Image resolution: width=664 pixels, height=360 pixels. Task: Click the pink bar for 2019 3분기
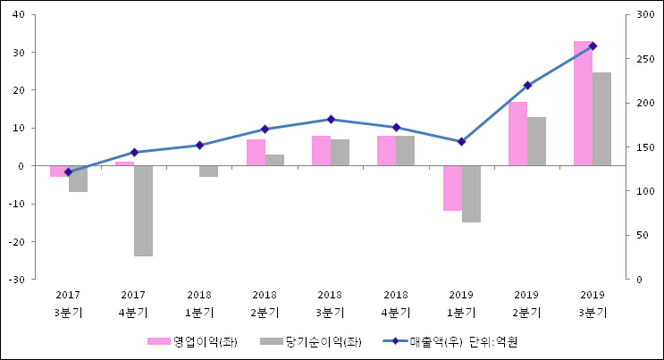[583, 103]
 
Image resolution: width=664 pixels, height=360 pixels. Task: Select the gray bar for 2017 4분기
[143, 211]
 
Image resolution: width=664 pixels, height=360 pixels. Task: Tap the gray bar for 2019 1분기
[471, 194]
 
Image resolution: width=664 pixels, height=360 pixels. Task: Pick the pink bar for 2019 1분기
[452, 188]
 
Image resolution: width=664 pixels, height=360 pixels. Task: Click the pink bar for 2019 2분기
[517, 134]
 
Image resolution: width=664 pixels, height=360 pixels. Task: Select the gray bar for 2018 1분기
[208, 171]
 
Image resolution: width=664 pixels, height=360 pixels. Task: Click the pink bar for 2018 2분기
[256, 153]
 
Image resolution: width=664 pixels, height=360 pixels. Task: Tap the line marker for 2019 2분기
[527, 86]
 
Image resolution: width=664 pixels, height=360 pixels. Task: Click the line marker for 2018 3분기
[331, 119]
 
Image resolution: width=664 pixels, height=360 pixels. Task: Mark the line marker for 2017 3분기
[68, 172]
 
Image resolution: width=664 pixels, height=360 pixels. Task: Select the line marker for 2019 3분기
[593, 46]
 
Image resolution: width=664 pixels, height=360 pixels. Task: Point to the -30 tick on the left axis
[18, 280]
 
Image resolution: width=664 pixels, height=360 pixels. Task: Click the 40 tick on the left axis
[20, 15]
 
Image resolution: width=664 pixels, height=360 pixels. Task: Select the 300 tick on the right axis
[641, 15]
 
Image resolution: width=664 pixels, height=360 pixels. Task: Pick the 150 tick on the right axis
[641, 147]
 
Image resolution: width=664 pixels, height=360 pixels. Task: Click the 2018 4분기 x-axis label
[396, 304]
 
